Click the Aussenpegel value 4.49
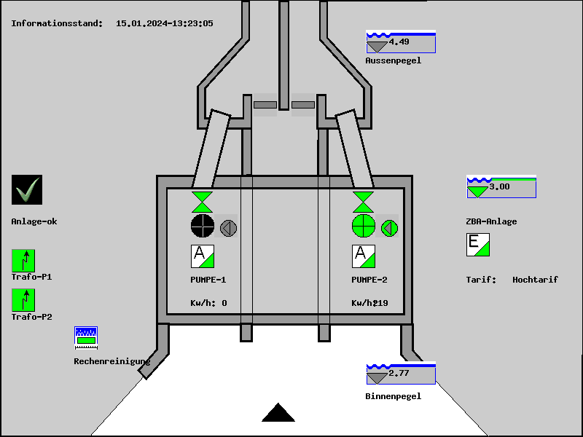pos(399,42)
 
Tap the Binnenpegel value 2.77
pos(399,374)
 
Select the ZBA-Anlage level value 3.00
pos(499,187)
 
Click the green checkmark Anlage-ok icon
pos(27,190)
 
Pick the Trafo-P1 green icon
pos(23,261)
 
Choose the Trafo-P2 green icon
pos(23,300)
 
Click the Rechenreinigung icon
pos(86,337)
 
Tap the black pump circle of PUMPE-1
pos(203,227)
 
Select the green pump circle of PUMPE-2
pos(363,227)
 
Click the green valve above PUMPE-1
pos(203,202)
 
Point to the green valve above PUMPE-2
pos(363,202)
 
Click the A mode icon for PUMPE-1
pos(203,256)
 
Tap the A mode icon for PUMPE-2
pos(363,256)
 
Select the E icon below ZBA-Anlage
pos(478,245)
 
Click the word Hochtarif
pos(535,280)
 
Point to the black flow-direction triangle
pos(278,414)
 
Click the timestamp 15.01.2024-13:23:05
pos(165,23)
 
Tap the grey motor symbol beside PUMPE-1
pos(229,228)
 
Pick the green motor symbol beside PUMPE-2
pos(390,228)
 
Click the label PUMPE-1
pos(208,280)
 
